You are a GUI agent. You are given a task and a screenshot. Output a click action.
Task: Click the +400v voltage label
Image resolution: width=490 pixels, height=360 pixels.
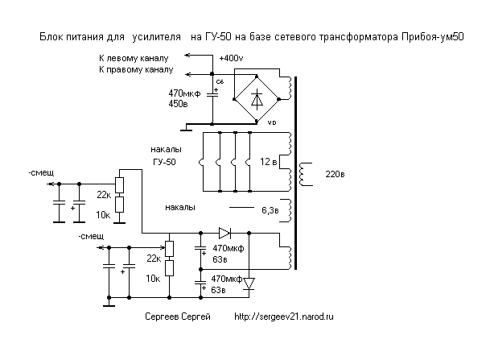point(232,59)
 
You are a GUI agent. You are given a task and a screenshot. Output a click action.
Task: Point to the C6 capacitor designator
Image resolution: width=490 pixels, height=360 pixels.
point(220,83)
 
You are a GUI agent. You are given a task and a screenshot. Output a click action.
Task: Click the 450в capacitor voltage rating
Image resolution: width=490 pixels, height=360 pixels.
point(179,104)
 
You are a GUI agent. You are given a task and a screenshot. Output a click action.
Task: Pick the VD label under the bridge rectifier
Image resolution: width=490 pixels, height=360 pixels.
point(271,122)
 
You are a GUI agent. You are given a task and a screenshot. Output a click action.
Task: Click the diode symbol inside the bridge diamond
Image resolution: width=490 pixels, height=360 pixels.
point(257,99)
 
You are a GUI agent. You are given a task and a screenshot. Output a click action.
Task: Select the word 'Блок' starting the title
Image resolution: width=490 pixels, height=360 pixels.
point(51,37)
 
